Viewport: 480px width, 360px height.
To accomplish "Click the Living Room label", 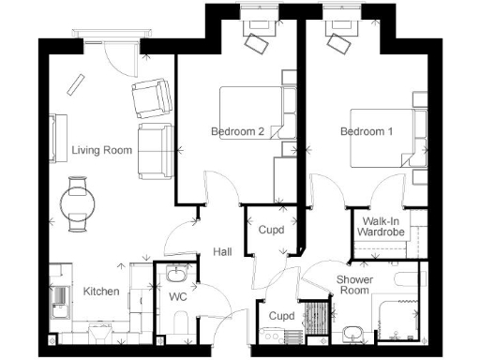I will coord(102,150).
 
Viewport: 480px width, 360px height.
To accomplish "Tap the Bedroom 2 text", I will coord(237,132).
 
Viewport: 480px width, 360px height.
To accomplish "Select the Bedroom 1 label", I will coord(366,132).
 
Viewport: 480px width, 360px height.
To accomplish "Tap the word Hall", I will coord(222,252).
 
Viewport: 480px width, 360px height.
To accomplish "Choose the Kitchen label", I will coord(101,292).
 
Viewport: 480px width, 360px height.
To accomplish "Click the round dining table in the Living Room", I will coord(79,201).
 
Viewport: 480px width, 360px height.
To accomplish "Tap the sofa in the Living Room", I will coord(152,149).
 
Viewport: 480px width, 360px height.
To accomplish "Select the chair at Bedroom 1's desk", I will coord(336,42).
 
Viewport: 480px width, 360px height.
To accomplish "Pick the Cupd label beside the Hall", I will coord(272,228).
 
